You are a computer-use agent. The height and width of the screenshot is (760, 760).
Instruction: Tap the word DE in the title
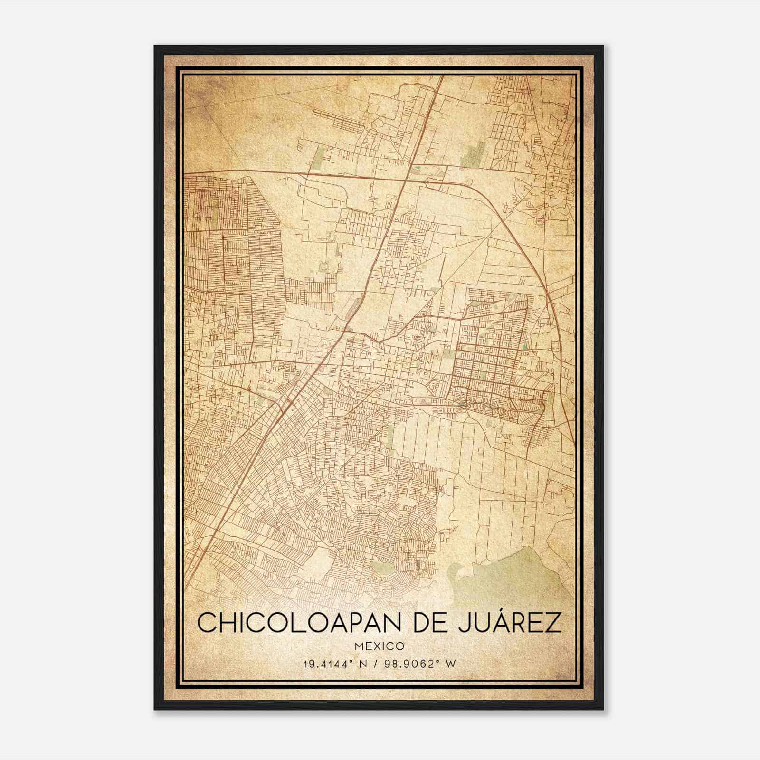pos(431,623)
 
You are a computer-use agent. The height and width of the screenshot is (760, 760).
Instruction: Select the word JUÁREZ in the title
pos(511,623)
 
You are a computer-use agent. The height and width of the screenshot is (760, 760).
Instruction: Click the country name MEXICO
pos(379,646)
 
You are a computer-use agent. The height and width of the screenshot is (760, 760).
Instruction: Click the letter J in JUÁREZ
pos(466,623)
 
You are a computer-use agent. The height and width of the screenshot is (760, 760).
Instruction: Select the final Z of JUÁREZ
pos(554,623)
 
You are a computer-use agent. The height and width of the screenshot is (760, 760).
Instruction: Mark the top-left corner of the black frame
pos(155,47)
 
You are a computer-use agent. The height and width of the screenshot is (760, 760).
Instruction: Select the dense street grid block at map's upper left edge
pos(214,204)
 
